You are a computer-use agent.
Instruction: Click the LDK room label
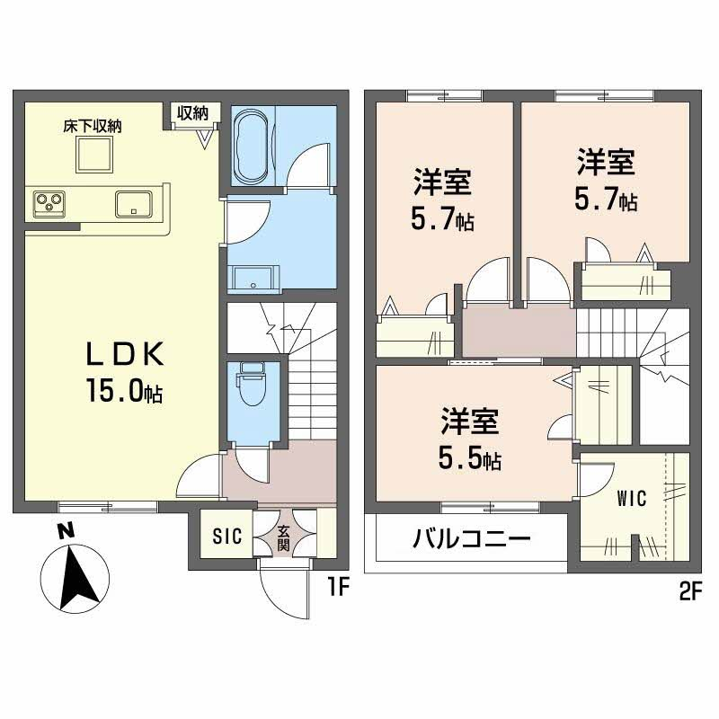(125, 354)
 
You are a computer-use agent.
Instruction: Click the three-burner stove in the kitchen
(49, 204)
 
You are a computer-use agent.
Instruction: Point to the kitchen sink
(133, 204)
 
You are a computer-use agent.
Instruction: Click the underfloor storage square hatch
(94, 154)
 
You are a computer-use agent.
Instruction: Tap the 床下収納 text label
(93, 126)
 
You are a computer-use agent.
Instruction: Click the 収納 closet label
(193, 113)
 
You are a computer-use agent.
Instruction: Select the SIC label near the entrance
(227, 536)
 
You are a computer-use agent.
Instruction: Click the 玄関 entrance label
(284, 538)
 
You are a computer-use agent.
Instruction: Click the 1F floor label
(339, 587)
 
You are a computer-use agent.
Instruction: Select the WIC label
(632, 499)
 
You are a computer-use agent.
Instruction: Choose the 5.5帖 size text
(469, 458)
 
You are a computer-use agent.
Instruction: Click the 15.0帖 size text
(124, 392)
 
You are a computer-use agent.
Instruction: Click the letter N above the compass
(67, 532)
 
